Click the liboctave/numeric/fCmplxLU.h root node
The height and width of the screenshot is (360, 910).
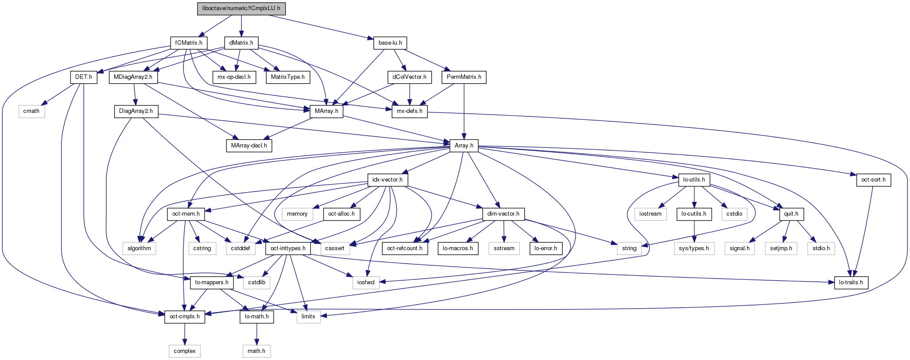click(241, 9)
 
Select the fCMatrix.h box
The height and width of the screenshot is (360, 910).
click(189, 43)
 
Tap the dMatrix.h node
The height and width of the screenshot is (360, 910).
click(241, 43)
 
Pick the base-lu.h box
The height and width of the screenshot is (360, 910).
click(390, 43)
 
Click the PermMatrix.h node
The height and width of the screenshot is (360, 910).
click(464, 77)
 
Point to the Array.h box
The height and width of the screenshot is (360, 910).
click(464, 145)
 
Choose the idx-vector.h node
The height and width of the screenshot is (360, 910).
click(387, 180)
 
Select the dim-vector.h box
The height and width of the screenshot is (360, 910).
click(503, 214)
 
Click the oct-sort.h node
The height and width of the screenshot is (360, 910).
click(873, 180)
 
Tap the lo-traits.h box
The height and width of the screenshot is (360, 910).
click(851, 283)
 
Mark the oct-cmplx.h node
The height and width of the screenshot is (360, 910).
click(185, 317)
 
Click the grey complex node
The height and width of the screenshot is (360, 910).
click(185, 351)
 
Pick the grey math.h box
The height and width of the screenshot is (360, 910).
click(256, 351)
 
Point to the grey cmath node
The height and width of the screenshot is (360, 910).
click(31, 111)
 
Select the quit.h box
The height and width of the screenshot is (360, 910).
click(791, 214)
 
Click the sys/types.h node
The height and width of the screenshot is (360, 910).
click(694, 248)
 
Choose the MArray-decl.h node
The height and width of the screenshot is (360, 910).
click(249, 145)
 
